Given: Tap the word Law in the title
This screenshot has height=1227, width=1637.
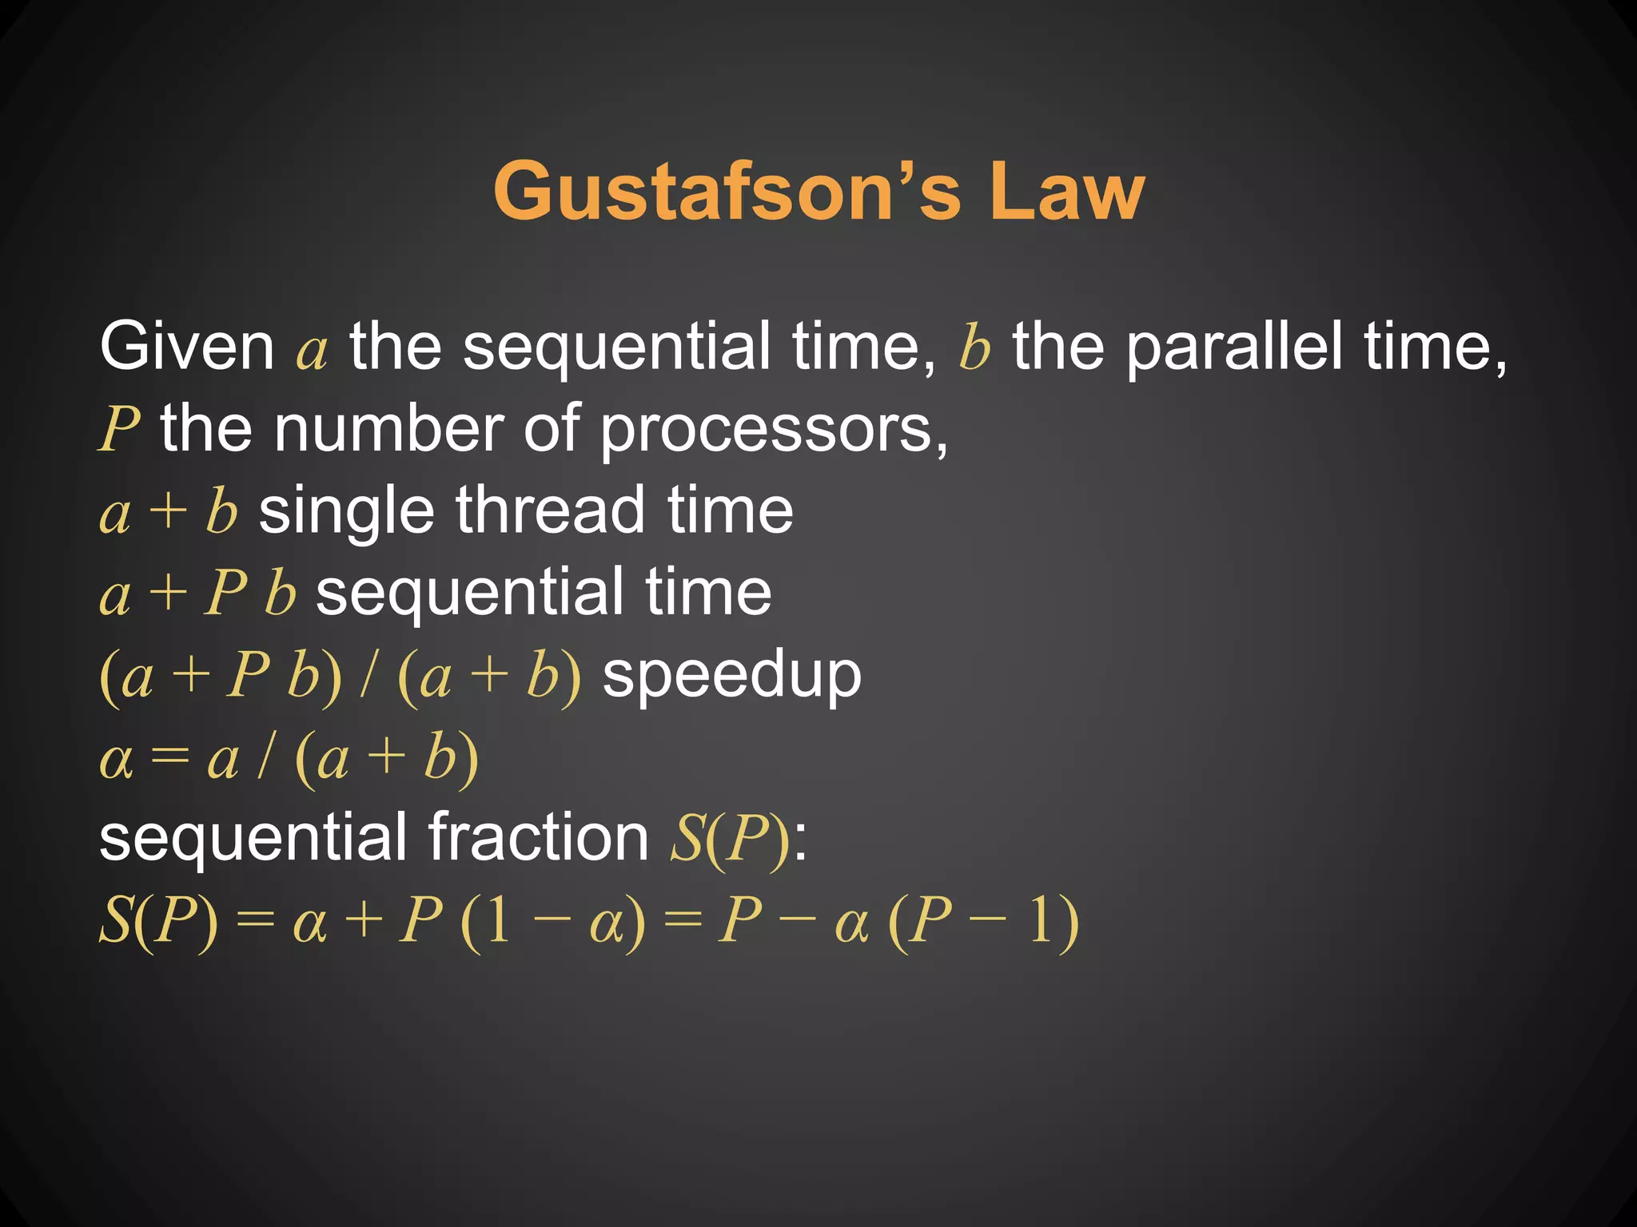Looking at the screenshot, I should pos(1066,192).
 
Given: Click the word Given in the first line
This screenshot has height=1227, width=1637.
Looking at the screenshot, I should pos(187,347).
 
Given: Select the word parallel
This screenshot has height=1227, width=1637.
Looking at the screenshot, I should pos(1234,347).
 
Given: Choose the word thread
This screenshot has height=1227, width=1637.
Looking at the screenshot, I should pos(551,511).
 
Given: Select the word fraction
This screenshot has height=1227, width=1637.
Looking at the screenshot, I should pos(538,837).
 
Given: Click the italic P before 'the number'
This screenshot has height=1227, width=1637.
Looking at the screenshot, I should pos(120,430).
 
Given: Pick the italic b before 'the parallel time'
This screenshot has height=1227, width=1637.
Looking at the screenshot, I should pos(974,347).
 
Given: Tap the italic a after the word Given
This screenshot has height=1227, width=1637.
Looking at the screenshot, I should pos(312,351).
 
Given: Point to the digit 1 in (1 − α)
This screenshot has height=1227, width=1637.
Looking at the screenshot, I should pos(496,921).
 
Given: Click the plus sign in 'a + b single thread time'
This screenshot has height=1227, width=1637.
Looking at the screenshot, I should pos(169,511).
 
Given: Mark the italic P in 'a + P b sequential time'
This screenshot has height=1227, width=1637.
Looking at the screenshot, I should pos(226,593).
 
